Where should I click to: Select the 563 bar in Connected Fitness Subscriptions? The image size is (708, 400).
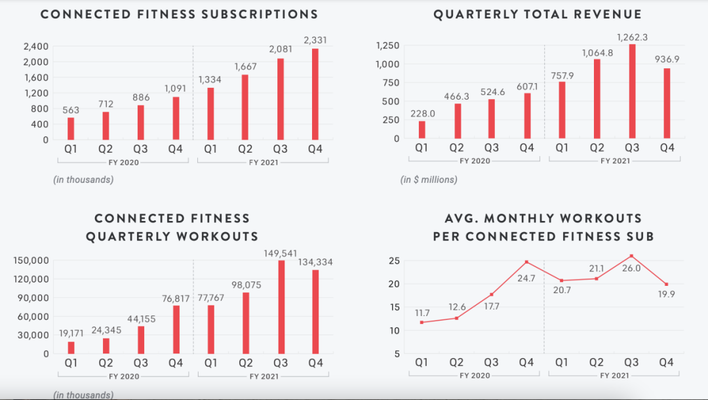point(71,129)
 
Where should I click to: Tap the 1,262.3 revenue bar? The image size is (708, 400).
point(633,91)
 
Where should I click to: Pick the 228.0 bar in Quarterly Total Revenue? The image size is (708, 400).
point(422,130)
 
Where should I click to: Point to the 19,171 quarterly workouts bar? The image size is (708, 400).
point(71,348)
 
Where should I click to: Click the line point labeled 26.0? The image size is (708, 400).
point(631,256)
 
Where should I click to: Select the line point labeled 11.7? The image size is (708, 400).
point(422,322)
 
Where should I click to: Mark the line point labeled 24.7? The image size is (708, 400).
point(526,262)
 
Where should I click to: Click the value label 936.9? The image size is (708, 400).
point(667,59)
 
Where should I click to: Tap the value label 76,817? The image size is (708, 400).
point(175,299)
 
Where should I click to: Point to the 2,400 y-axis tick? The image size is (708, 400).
point(36,46)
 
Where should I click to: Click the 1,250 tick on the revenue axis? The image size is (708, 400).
point(387,45)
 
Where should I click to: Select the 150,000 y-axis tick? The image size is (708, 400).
point(31,260)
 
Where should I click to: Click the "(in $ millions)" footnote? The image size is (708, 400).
point(429,179)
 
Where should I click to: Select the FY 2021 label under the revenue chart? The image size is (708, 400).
point(614,161)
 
